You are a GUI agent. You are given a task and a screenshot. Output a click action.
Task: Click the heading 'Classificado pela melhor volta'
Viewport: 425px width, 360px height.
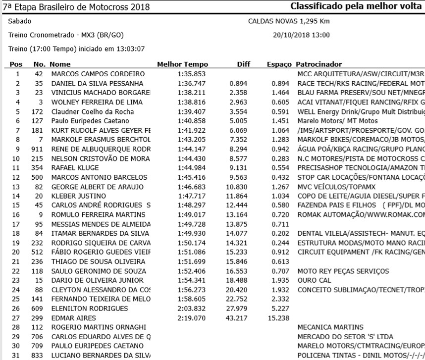tap(356, 7)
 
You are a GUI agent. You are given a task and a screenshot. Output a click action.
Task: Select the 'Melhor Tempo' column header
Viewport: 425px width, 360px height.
tap(182, 64)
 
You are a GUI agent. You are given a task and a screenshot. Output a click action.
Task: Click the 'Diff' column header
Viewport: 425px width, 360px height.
tap(244, 64)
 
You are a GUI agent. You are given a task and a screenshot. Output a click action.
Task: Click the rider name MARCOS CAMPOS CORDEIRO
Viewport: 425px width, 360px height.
tap(91, 74)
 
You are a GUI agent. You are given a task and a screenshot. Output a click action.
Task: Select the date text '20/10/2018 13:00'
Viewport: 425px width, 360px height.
tap(301, 36)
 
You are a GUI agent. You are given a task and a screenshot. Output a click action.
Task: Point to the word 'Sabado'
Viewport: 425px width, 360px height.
tap(20, 22)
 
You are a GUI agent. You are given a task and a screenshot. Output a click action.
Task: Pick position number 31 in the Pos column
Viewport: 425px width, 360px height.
tap(17, 355)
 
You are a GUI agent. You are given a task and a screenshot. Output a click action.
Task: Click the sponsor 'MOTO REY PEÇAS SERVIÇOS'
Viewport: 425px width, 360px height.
tap(336, 271)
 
